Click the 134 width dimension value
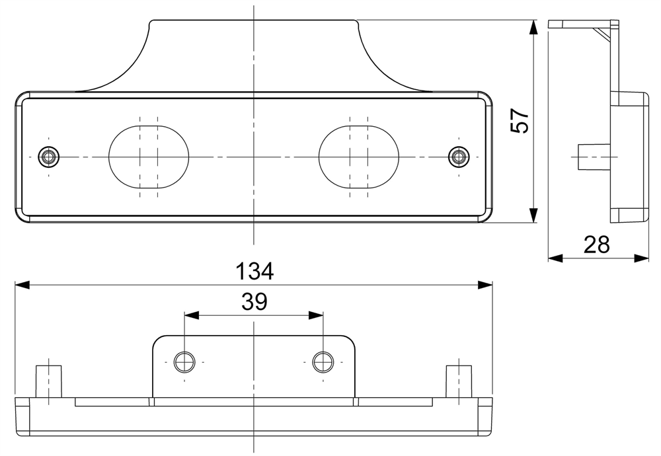(254, 271)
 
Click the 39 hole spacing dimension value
(254, 302)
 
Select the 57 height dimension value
(520, 120)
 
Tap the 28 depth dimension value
(596, 245)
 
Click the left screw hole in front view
(48, 157)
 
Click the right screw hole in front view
(458, 157)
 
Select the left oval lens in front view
(149, 157)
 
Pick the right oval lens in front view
(358, 157)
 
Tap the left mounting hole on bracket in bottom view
(184, 362)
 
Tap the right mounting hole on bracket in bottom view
(323, 362)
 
